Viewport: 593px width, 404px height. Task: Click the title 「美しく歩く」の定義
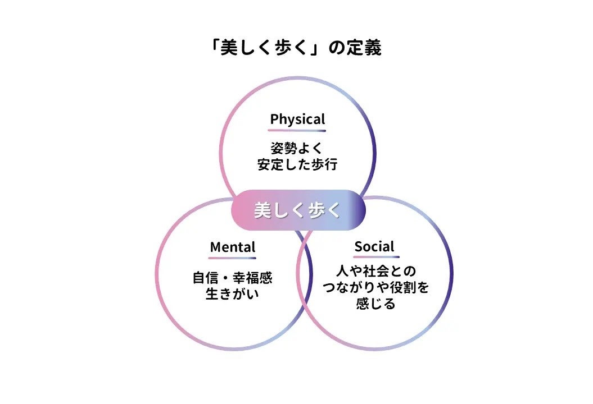tap(296, 48)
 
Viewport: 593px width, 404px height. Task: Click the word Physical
tap(297, 119)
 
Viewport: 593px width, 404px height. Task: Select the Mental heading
tap(232, 247)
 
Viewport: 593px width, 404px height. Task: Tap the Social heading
tap(374, 246)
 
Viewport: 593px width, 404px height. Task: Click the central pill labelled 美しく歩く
tap(298, 210)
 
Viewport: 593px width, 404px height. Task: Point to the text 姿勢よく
tap(297, 149)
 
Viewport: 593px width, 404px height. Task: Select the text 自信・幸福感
tap(232, 278)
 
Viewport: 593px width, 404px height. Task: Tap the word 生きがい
tap(232, 293)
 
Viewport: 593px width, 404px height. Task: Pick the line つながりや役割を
tap(375, 288)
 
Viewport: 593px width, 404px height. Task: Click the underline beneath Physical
tap(297, 130)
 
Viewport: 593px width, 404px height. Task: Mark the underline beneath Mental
tap(232, 258)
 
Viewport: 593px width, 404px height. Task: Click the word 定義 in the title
tap(365, 48)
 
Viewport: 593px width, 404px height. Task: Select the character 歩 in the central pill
tap(312, 210)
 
